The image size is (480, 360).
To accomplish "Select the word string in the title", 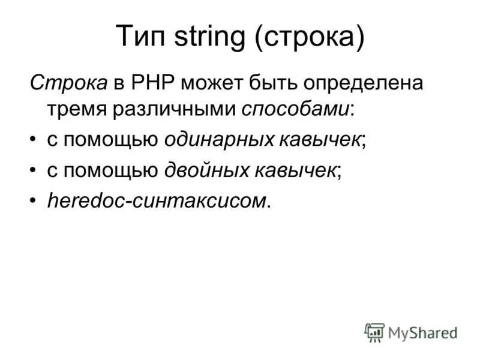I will (207, 38).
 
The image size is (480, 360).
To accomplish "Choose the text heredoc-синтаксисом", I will (157, 201).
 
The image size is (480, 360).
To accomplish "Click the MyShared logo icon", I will (374, 331).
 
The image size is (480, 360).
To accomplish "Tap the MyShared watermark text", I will (422, 332).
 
